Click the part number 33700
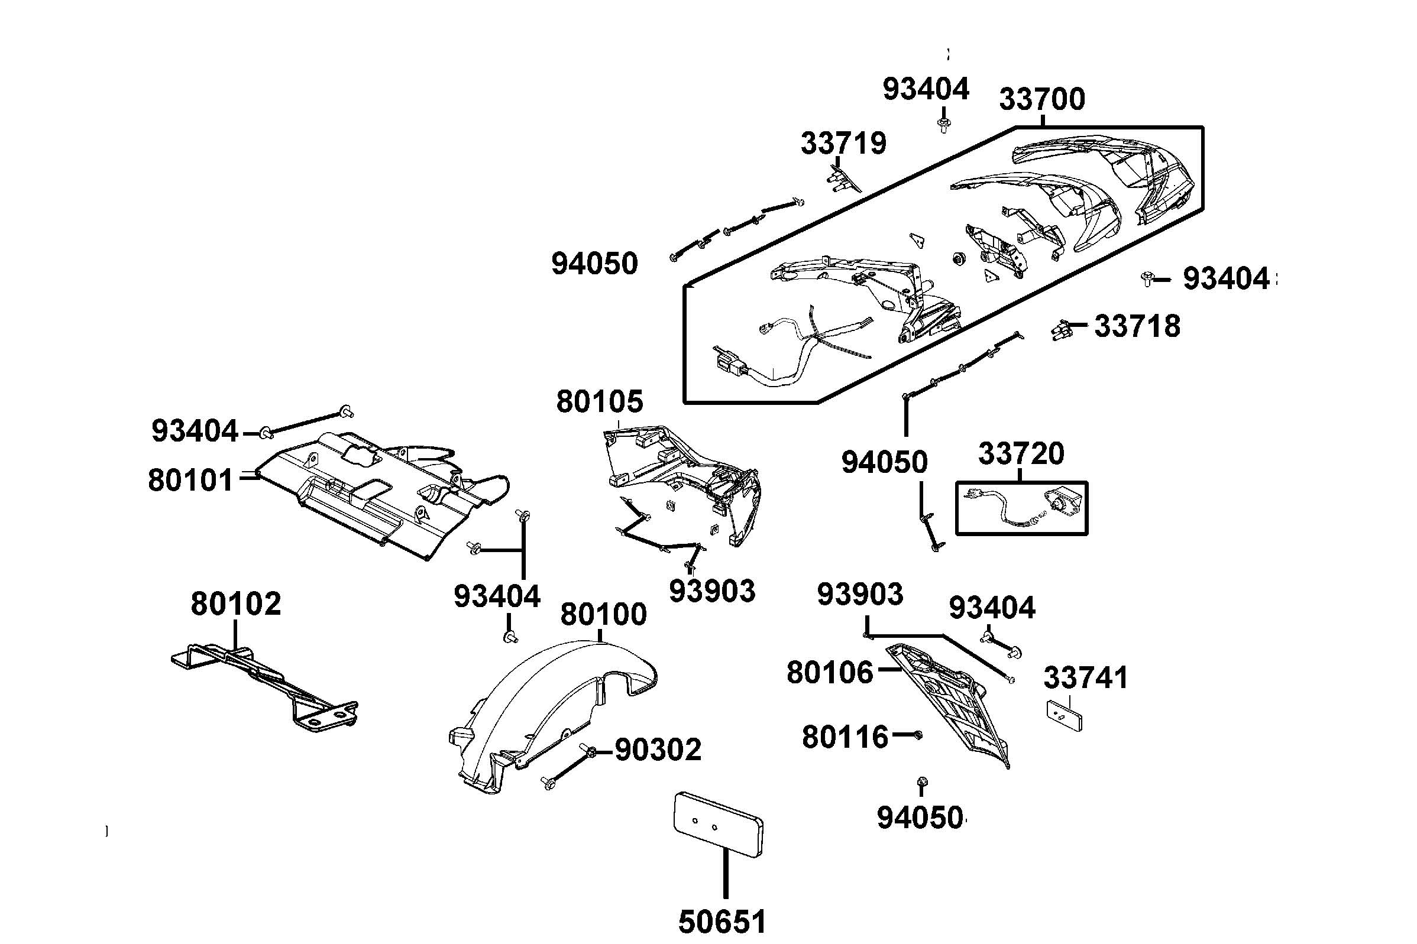point(1042,99)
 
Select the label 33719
point(843,144)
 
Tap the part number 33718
point(1137,326)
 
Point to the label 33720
point(1021,454)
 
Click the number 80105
point(599,401)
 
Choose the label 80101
point(190,481)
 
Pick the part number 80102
point(235,604)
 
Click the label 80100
point(603,615)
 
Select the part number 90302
point(658,750)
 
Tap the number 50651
point(722,921)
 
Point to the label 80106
point(829,673)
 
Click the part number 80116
point(845,737)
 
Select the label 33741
point(1085,678)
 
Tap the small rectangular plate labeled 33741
point(1063,715)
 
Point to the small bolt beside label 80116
point(918,735)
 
